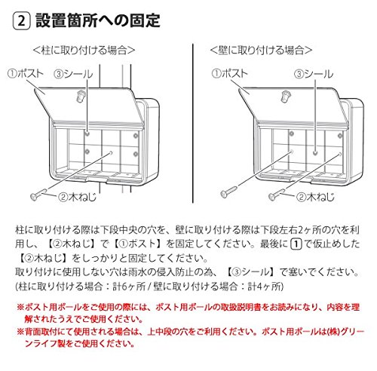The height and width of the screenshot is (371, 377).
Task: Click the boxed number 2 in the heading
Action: (x=21, y=21)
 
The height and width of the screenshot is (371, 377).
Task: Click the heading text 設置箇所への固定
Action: (x=98, y=20)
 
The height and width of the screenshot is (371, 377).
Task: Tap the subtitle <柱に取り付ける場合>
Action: (x=84, y=51)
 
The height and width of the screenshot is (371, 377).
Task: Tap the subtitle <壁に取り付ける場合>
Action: (x=261, y=51)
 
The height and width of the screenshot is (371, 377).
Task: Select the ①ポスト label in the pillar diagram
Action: (x=26, y=74)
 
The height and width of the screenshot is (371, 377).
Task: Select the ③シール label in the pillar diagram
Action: (x=74, y=74)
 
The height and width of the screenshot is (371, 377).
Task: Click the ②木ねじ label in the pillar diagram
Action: (x=77, y=197)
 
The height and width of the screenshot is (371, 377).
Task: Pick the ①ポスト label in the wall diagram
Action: (x=230, y=73)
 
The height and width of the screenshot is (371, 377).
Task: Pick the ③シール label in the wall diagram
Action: (x=314, y=74)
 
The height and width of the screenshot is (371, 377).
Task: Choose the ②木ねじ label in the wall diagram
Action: (x=315, y=197)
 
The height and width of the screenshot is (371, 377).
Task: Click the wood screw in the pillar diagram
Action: (x=38, y=195)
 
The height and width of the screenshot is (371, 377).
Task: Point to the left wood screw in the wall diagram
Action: (x=228, y=192)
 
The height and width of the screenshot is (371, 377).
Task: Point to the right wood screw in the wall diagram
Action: (x=277, y=194)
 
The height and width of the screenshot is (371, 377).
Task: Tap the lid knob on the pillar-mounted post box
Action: (x=81, y=97)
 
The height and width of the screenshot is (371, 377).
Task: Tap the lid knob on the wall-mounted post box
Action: (x=285, y=97)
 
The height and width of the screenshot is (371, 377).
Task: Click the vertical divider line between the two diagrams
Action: (x=193, y=123)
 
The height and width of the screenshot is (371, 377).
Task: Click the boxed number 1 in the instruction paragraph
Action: (x=296, y=244)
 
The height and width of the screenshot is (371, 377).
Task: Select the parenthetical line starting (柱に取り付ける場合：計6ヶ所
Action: (x=149, y=287)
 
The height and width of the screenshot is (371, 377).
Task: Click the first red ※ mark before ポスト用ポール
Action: (x=20, y=307)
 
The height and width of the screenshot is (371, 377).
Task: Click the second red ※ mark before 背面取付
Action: (x=20, y=332)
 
